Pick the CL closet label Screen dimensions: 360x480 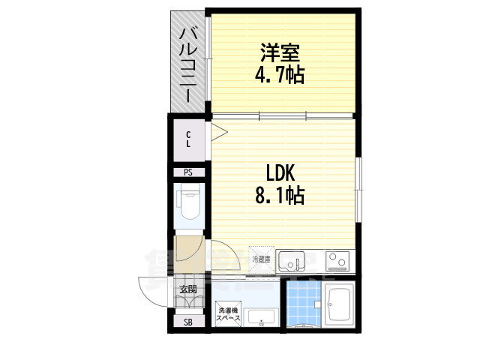click(189, 139)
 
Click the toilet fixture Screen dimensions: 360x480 click(187, 203)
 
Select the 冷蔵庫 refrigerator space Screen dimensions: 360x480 click(262, 259)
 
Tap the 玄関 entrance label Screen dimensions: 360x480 click(188, 290)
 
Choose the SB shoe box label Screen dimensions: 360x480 click(188, 322)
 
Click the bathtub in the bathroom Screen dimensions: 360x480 click(341, 305)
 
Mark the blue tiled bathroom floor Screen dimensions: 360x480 click(304, 307)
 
